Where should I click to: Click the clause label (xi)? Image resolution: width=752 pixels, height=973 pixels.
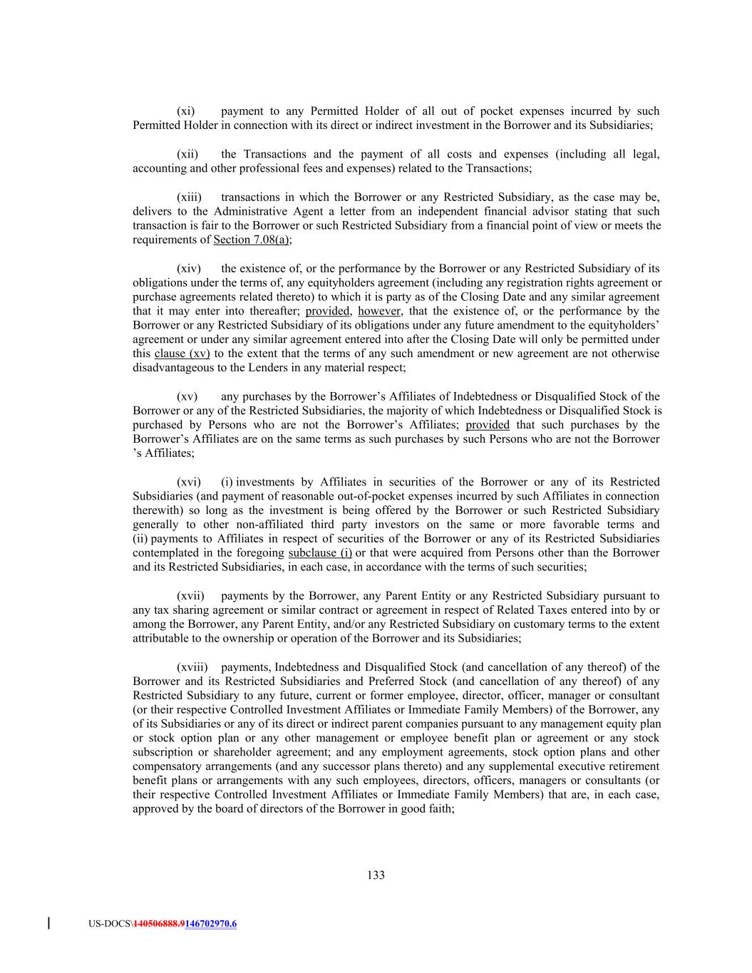185,111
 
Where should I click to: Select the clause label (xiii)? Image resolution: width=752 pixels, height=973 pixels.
189,197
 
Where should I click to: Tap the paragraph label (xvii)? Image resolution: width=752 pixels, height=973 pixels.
190,596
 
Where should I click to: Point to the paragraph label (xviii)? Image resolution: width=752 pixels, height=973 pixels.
192,667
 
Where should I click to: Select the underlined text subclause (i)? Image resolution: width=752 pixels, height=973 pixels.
320,553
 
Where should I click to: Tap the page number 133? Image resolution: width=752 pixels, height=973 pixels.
376,875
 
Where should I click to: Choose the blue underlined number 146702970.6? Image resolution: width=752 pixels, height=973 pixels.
210,924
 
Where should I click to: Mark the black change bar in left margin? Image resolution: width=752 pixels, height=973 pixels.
48,924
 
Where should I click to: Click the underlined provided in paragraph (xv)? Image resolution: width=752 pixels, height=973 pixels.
488,425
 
